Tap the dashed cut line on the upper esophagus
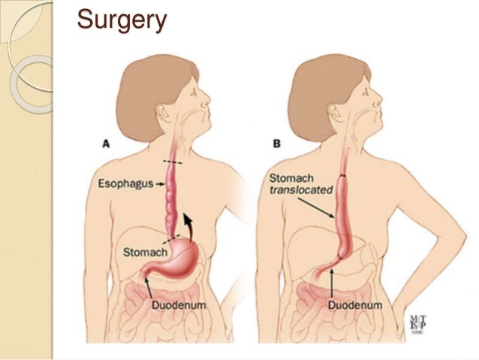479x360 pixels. click(x=172, y=162)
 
